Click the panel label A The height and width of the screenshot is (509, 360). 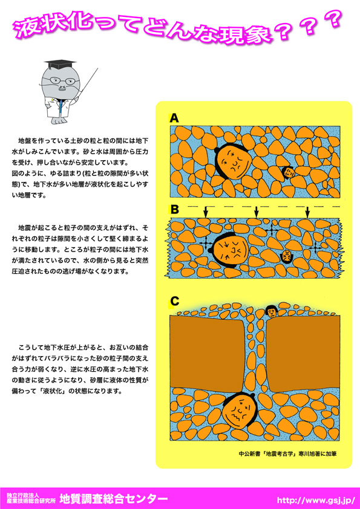click(174, 118)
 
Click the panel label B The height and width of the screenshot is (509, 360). click(174, 210)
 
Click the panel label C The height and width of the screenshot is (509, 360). click(174, 301)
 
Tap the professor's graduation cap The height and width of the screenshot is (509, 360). click(60, 64)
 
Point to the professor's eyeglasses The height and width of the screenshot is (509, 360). click(61, 82)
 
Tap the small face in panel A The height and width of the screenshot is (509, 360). click(289, 172)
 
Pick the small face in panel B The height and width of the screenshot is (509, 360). click(286, 255)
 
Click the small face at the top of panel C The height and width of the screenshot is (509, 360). click(270, 311)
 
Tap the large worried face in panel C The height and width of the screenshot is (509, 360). click(239, 410)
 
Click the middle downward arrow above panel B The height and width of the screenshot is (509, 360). click(257, 212)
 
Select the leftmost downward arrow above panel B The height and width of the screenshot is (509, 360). click(205, 212)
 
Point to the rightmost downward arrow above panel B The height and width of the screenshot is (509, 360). click(307, 212)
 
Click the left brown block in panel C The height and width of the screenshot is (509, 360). click(208, 353)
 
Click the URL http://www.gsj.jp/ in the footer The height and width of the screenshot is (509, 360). click(315, 499)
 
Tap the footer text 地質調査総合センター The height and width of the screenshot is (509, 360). click(113, 498)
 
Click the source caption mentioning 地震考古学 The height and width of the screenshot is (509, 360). click(287, 454)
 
